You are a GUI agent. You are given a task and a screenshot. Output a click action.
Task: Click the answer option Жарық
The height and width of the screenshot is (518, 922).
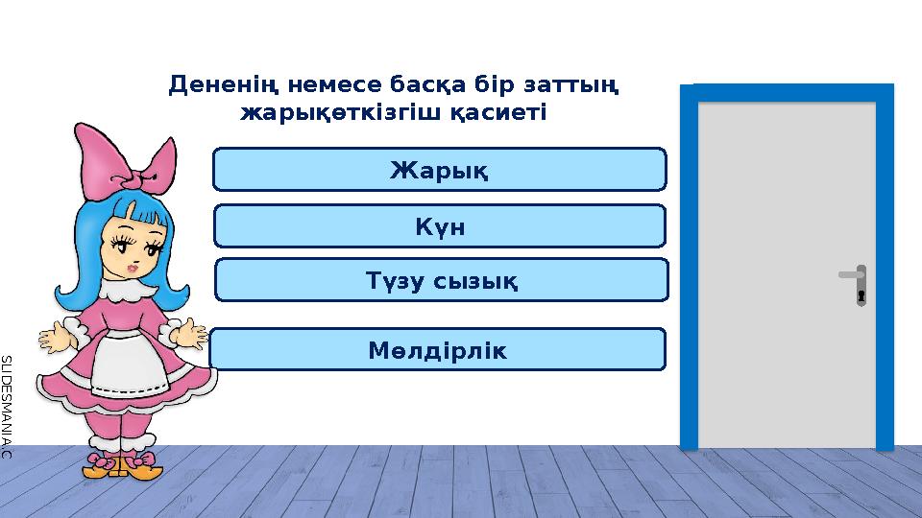click(x=439, y=170)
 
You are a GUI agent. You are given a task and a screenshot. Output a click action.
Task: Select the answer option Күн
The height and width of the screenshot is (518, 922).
click(x=439, y=225)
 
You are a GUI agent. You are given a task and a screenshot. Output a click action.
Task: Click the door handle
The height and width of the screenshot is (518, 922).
click(x=851, y=275)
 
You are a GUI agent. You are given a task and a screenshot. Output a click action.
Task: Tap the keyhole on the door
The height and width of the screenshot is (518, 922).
click(x=861, y=294)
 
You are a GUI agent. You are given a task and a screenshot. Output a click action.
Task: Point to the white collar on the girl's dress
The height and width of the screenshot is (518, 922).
click(x=125, y=287)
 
